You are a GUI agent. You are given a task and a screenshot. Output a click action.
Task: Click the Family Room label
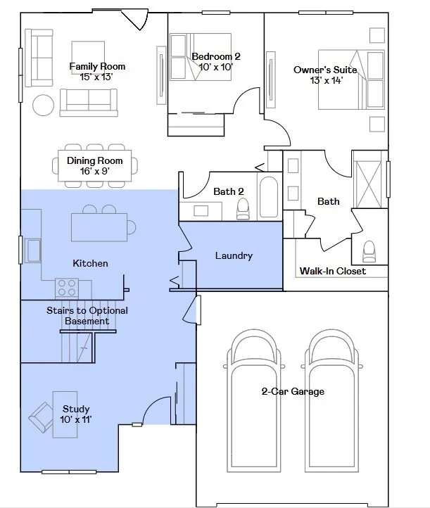click(97, 66)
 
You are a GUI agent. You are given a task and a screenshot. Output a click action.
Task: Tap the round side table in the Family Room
click(44, 105)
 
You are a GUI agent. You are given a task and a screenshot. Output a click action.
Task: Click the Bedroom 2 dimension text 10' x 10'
click(216, 67)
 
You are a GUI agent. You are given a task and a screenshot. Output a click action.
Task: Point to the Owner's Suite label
click(325, 70)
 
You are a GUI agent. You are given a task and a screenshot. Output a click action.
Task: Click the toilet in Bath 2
click(243, 208)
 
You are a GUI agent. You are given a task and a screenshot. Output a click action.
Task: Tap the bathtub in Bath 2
click(269, 197)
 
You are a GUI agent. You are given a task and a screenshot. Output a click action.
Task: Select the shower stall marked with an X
click(369, 184)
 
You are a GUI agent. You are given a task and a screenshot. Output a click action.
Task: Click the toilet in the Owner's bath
click(369, 250)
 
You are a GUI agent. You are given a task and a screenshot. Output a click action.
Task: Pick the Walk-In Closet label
click(333, 271)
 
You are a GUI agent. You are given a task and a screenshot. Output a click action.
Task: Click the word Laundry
click(234, 255)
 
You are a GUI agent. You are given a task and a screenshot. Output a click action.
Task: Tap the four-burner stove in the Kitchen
click(67, 288)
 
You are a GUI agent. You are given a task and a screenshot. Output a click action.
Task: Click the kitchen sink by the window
click(33, 250)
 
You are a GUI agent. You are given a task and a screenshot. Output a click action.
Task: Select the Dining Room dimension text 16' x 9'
click(94, 171)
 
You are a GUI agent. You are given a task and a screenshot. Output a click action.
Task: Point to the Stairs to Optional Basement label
click(87, 315)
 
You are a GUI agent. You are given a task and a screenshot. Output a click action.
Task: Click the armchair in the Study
click(42, 417)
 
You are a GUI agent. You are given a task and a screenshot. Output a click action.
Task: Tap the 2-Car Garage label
click(293, 391)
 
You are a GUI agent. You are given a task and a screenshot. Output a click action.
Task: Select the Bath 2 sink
click(201, 210)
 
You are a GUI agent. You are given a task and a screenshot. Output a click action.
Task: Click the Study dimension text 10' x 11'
click(76, 419)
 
